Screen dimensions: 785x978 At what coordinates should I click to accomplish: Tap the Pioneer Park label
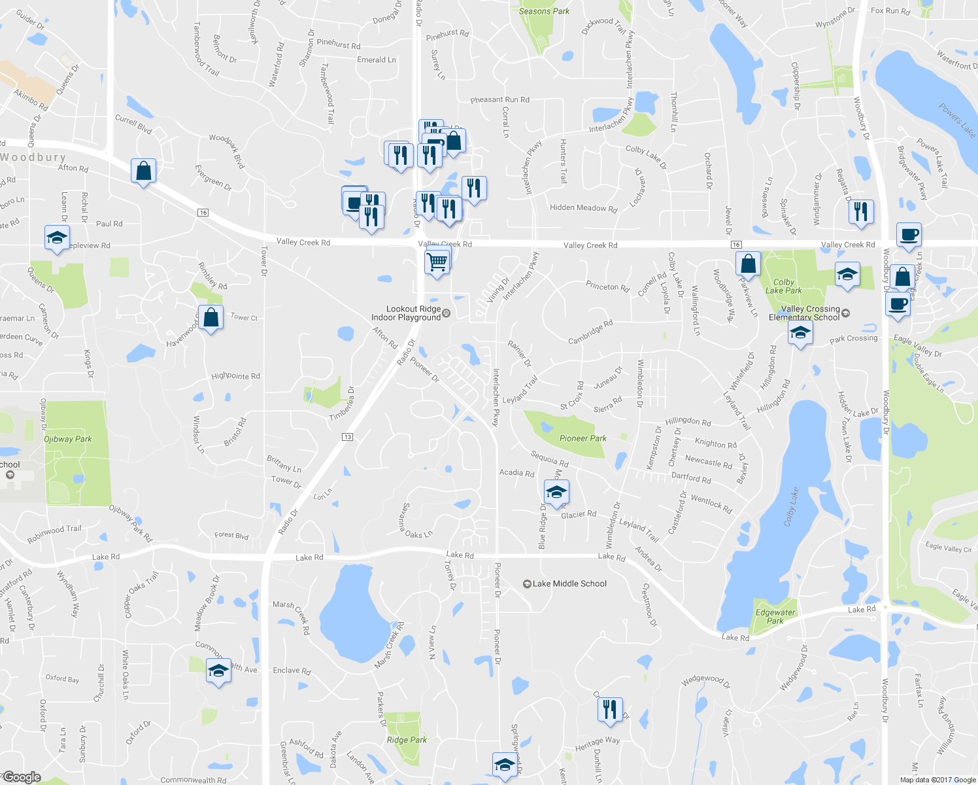coord(582,438)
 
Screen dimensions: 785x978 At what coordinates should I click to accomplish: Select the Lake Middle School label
coord(569,584)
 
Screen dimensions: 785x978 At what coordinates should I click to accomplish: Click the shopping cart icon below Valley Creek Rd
coord(437,261)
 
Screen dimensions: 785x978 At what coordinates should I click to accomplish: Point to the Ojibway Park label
coord(67,439)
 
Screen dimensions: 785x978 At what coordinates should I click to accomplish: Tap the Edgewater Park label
coord(775,616)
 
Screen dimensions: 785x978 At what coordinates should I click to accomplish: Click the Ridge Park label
coord(407,740)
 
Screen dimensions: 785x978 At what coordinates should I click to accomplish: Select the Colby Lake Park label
coord(783,287)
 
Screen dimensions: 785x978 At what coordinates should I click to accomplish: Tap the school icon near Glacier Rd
coord(556,492)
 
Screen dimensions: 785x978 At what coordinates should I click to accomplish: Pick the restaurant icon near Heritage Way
coord(609,709)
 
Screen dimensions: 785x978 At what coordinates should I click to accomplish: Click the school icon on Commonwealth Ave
coord(218,671)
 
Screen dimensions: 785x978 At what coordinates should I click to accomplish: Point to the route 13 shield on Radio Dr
coord(347,437)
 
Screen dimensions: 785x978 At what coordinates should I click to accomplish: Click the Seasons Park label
coord(544,11)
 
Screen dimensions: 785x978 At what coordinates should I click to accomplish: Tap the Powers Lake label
coord(956,120)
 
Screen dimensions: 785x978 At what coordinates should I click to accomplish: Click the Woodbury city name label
coord(33,157)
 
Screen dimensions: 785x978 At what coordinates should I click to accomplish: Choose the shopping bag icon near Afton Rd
coord(143,171)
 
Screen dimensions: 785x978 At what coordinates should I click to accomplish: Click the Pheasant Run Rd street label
coord(499,99)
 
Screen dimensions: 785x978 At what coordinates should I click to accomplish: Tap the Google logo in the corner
coord(22,776)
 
